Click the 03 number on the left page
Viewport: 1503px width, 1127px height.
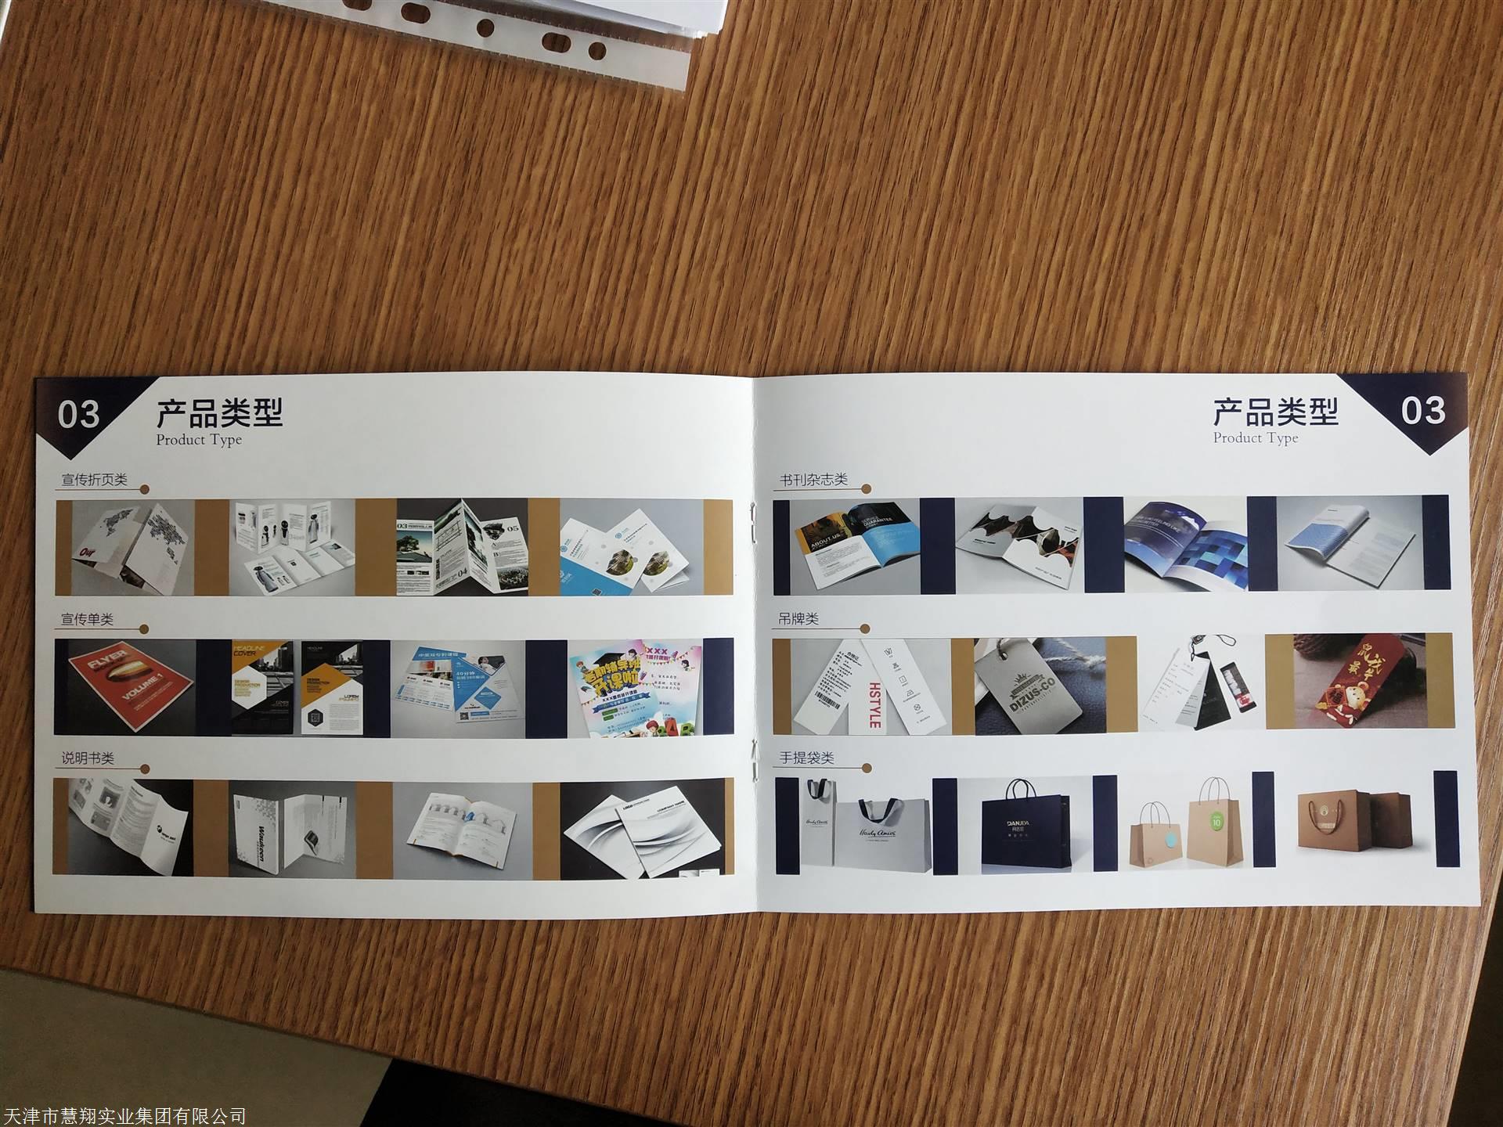(78, 414)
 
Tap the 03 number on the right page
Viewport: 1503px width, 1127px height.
(1422, 411)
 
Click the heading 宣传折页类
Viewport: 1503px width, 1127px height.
(94, 480)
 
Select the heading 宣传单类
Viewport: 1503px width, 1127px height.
(88, 619)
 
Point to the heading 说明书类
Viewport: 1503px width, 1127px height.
(88, 758)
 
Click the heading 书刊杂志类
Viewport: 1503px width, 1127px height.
(813, 480)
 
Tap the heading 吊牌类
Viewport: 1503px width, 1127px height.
(798, 619)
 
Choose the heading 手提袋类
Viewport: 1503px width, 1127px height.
(806, 758)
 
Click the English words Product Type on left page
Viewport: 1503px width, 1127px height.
(199, 440)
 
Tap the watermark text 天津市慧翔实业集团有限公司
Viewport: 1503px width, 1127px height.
(124, 1115)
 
